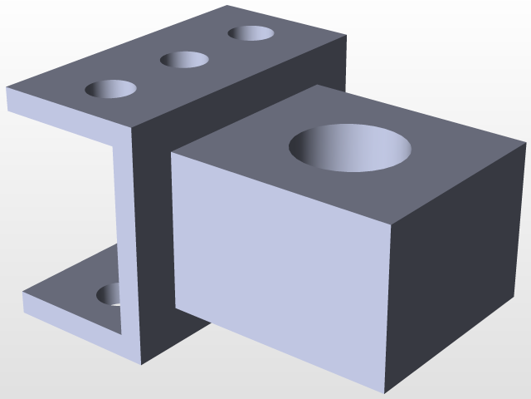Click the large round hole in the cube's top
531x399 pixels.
point(349,148)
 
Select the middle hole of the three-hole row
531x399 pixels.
point(184,60)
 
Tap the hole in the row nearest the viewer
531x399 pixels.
point(111,89)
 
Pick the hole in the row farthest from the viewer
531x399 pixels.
point(251,33)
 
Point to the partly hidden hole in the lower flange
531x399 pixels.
point(109,294)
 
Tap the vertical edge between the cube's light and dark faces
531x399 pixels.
point(387,308)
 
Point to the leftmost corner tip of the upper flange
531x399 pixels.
point(7,88)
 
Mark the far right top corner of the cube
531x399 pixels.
point(525,143)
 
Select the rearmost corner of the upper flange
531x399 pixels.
point(228,7)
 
